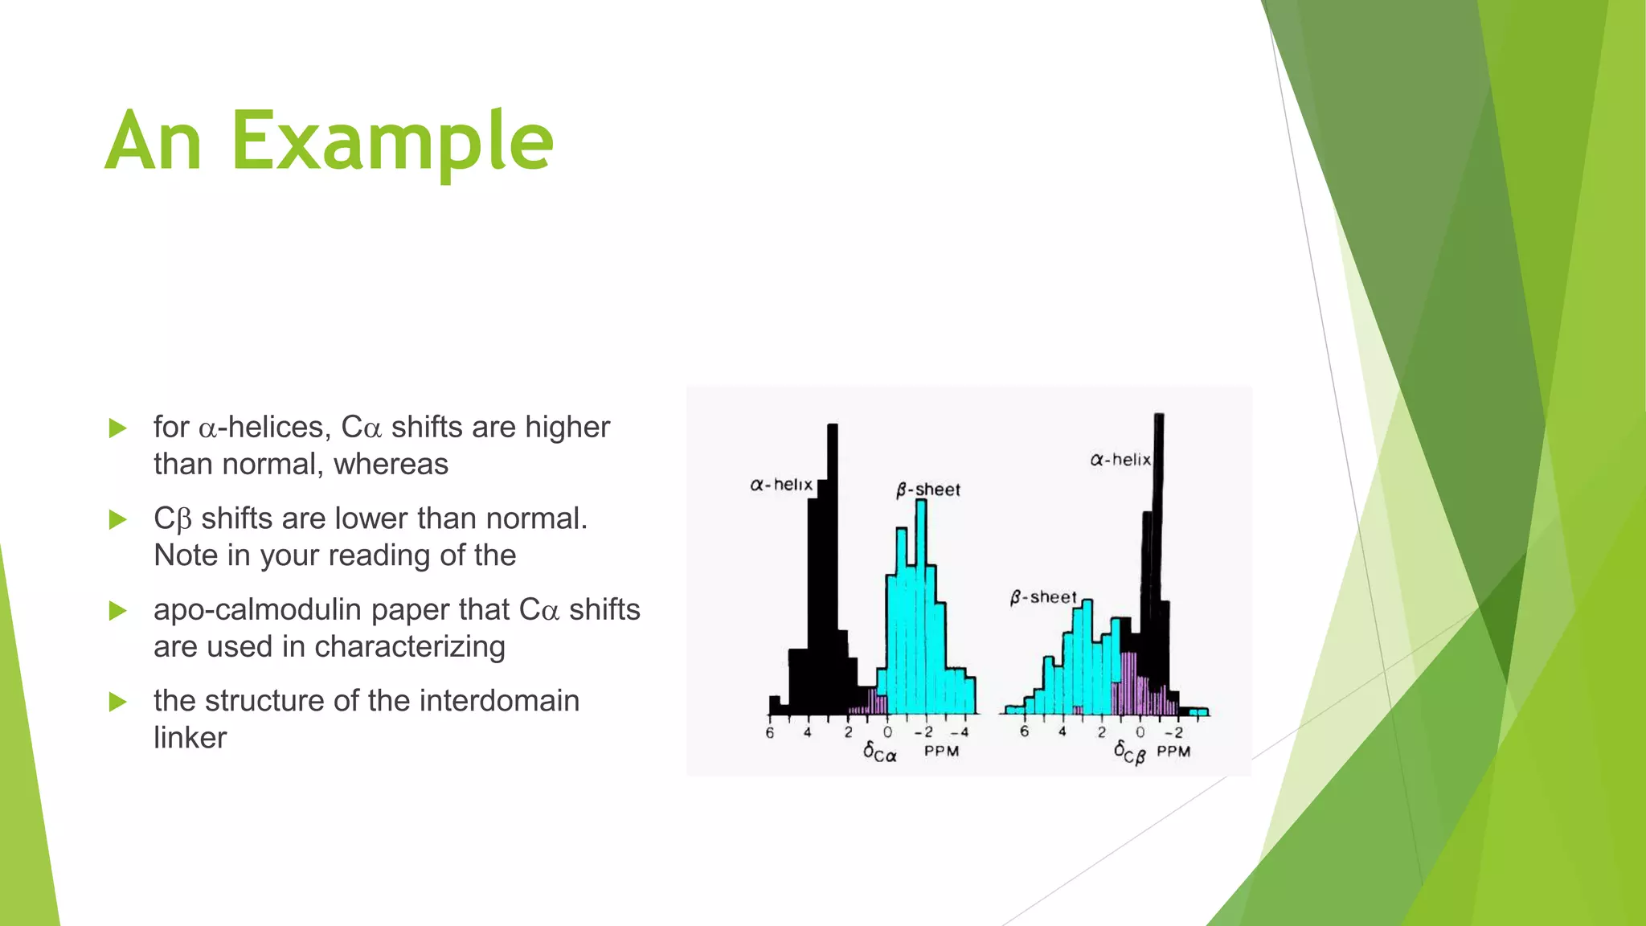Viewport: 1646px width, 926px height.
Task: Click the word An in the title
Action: coord(153,143)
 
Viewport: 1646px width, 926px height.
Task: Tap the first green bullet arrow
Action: coord(118,428)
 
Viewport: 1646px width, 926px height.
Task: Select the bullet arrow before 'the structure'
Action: coord(118,702)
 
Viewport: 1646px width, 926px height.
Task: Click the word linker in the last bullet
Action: coord(190,738)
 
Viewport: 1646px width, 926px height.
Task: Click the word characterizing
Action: coord(409,647)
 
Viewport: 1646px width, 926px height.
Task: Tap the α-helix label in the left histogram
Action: coord(781,485)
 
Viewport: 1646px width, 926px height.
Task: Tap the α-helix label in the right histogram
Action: coord(1120,460)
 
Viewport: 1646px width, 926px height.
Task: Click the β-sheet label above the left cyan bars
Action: coord(928,490)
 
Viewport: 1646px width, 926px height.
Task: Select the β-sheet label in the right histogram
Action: coord(1043,597)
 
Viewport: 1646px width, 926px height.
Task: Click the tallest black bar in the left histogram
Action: coord(833,563)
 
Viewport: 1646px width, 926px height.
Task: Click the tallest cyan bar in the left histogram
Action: coord(921,603)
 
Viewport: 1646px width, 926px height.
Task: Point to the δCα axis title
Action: coord(880,752)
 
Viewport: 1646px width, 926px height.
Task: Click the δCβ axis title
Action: coord(1130,753)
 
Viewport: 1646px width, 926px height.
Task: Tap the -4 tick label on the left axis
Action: coord(960,732)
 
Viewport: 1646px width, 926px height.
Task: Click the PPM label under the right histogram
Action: coord(1173,752)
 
